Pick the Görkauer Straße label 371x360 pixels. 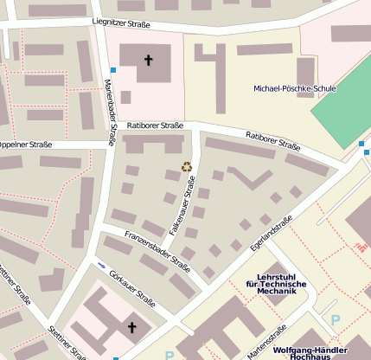pyautogui.click(x=132, y=289)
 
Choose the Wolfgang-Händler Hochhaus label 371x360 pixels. pyautogui.click(x=309, y=353)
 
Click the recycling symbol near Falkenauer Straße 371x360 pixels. pyautogui.click(x=185, y=166)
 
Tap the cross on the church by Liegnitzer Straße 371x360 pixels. pyautogui.click(x=148, y=61)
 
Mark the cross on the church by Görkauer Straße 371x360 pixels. pyautogui.click(x=131, y=327)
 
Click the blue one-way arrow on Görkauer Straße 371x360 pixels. pyautogui.click(x=102, y=264)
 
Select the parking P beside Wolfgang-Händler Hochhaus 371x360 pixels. pyautogui.click(x=336, y=320)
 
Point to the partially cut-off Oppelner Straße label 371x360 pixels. pyautogui.click(x=25, y=144)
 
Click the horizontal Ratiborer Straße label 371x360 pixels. pyautogui.click(x=155, y=125)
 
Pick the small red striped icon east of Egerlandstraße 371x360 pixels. pyautogui.click(x=360, y=248)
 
